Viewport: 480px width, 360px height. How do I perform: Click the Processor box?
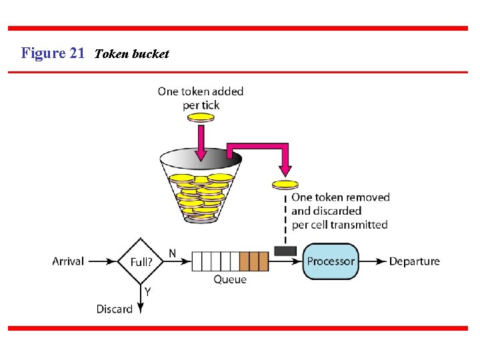point(331,261)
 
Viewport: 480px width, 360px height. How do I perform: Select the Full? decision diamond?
point(141,261)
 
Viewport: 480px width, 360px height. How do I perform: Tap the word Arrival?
point(68,261)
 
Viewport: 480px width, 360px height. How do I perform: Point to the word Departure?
point(414,261)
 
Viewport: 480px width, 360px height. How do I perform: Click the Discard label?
point(114,309)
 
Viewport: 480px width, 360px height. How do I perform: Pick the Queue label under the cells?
point(229,280)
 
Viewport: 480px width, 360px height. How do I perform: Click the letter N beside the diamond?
point(172,253)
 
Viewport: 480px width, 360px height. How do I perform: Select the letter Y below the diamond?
point(147,291)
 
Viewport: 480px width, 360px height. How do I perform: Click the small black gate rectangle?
point(285,251)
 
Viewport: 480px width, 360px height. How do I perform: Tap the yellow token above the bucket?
point(200,117)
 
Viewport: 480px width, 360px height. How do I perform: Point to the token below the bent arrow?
point(285,184)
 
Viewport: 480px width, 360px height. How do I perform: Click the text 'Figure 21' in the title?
point(53,53)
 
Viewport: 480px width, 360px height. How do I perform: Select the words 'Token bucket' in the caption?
point(131,54)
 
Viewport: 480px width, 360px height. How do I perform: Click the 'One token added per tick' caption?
point(200,98)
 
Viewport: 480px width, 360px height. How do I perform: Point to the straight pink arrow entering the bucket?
point(199,143)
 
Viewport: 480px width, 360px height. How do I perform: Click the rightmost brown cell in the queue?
point(263,261)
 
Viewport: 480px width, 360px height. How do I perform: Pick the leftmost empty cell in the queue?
point(197,261)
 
